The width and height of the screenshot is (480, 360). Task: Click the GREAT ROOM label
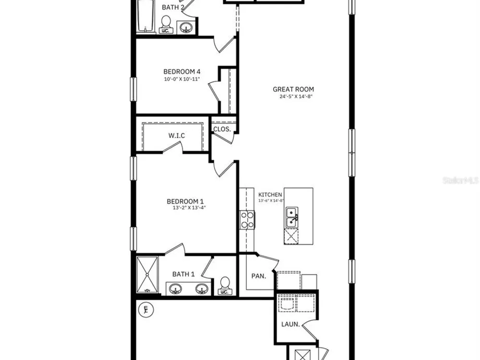[x=293, y=89]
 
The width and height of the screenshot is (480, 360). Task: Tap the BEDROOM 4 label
[x=182, y=72]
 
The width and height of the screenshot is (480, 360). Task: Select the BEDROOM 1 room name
[x=185, y=202]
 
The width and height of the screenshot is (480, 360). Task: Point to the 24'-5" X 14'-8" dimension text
[x=295, y=96]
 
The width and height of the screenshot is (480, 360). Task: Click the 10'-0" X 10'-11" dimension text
[x=182, y=79]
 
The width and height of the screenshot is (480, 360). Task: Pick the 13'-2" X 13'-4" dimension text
[x=189, y=208]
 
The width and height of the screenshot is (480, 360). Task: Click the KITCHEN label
[x=270, y=195]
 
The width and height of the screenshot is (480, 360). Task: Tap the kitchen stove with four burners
[x=247, y=220]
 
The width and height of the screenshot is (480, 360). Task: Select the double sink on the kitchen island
[x=292, y=217]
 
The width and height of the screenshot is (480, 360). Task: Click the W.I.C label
[x=177, y=135]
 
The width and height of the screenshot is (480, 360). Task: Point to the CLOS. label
[x=222, y=129]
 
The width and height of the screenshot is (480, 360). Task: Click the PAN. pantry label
[x=259, y=276]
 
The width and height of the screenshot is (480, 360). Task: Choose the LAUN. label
[x=290, y=324]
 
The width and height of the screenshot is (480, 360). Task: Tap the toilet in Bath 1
[x=225, y=286]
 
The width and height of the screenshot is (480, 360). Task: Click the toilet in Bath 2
[x=166, y=24]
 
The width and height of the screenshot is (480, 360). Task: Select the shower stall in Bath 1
[x=147, y=275]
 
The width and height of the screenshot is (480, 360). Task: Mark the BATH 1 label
[x=183, y=274]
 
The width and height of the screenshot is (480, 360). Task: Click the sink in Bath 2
[x=185, y=28]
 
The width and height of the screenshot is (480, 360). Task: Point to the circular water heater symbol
[x=146, y=310]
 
